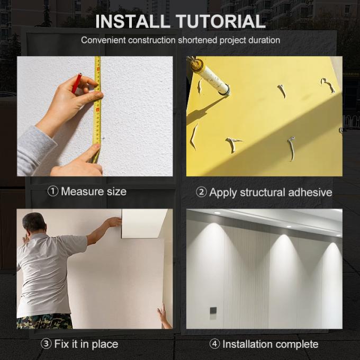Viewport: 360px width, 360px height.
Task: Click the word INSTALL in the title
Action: [132, 21]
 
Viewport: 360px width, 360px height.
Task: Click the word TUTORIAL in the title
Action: [221, 21]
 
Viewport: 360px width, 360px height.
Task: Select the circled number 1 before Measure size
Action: [52, 191]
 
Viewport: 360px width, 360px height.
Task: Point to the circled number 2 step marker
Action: [201, 192]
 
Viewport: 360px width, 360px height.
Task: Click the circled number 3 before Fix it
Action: [46, 344]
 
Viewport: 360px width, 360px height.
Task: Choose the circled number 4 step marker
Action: [214, 344]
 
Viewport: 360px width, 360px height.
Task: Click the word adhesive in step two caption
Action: [310, 192]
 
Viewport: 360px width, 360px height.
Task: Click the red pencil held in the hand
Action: [77, 83]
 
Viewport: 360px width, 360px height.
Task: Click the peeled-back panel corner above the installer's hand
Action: [143, 223]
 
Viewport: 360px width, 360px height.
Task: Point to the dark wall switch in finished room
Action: [213, 311]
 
